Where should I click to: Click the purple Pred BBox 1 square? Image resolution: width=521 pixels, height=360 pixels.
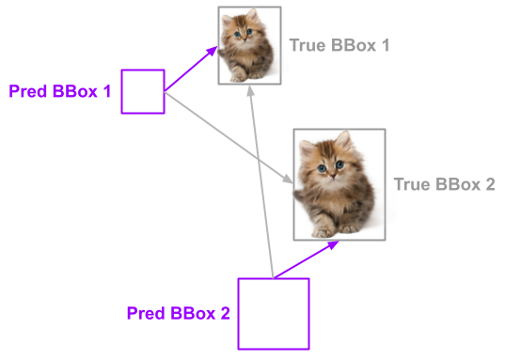pos(143,91)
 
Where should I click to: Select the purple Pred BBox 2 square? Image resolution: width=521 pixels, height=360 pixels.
pos(273,314)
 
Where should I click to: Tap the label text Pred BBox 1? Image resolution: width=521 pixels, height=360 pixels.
pos(60,92)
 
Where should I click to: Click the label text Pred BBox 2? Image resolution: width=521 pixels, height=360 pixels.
pos(178,313)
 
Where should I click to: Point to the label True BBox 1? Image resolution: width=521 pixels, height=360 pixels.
pos(339,45)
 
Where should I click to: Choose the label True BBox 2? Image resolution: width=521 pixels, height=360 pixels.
pos(444,184)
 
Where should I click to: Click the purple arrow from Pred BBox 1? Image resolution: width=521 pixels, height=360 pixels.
pos(192,70)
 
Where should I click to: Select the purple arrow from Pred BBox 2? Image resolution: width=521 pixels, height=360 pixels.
pos(307,259)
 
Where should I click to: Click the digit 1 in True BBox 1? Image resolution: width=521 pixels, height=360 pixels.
pos(385,45)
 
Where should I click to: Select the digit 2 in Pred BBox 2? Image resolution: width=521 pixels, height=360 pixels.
pos(225,313)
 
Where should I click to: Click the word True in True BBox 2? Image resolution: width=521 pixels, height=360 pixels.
pos(412,184)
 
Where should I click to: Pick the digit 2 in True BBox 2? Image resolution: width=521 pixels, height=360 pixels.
pos(489,184)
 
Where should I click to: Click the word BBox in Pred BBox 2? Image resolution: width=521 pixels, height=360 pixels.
pos(192,313)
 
